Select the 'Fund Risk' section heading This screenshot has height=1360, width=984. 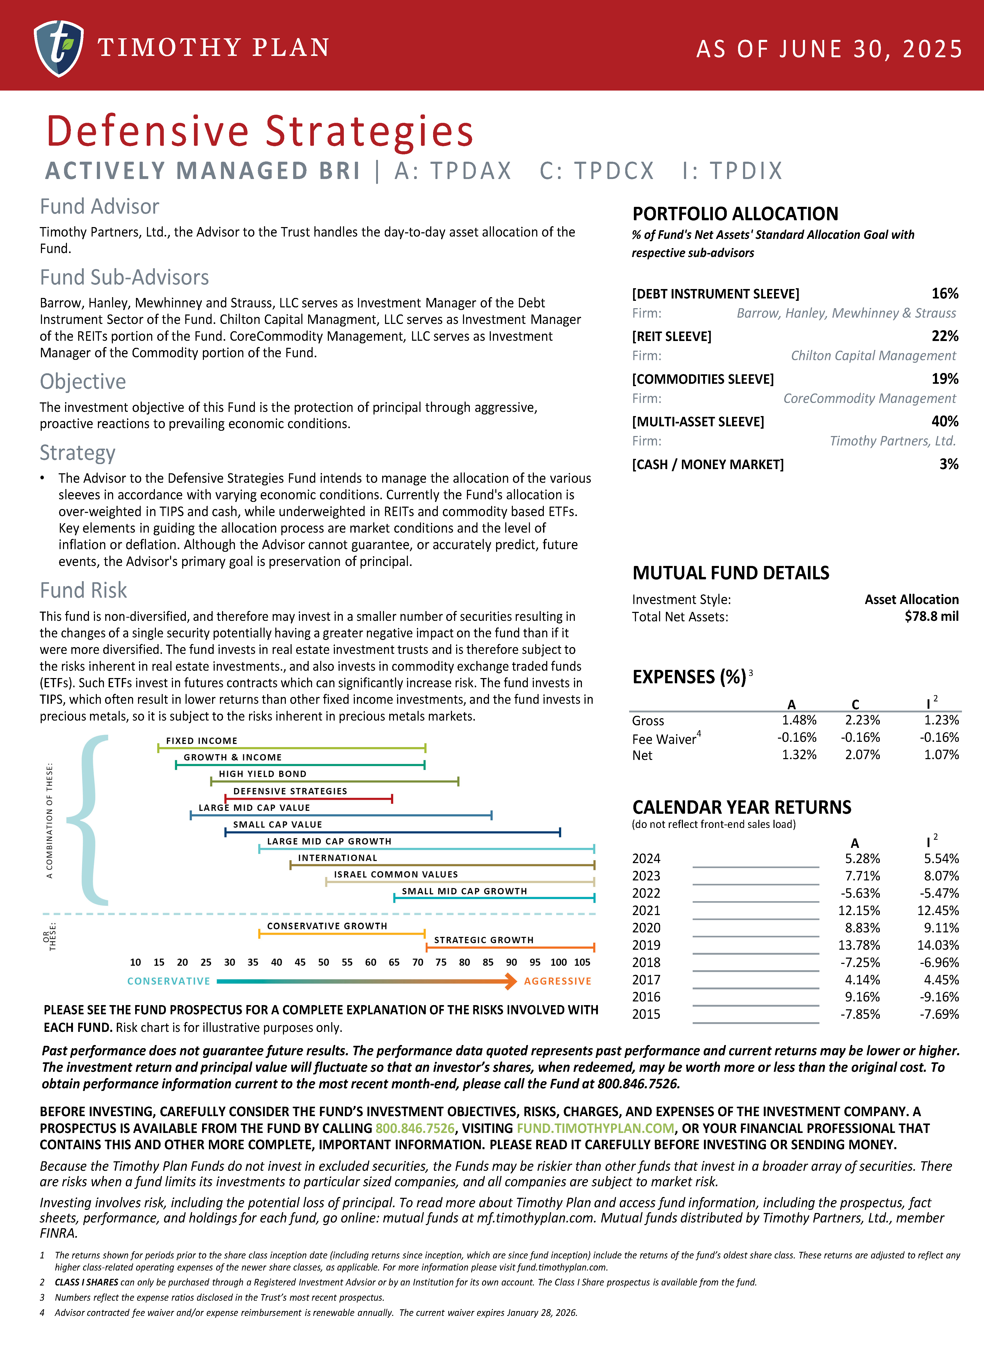83,591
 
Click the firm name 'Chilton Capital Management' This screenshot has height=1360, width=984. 873,356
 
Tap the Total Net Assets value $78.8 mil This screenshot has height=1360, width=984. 931,616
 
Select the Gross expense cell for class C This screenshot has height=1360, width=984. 862,720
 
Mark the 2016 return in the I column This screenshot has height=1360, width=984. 939,997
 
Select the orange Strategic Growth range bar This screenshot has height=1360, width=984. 510,947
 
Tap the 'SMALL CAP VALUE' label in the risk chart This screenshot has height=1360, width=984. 278,825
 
